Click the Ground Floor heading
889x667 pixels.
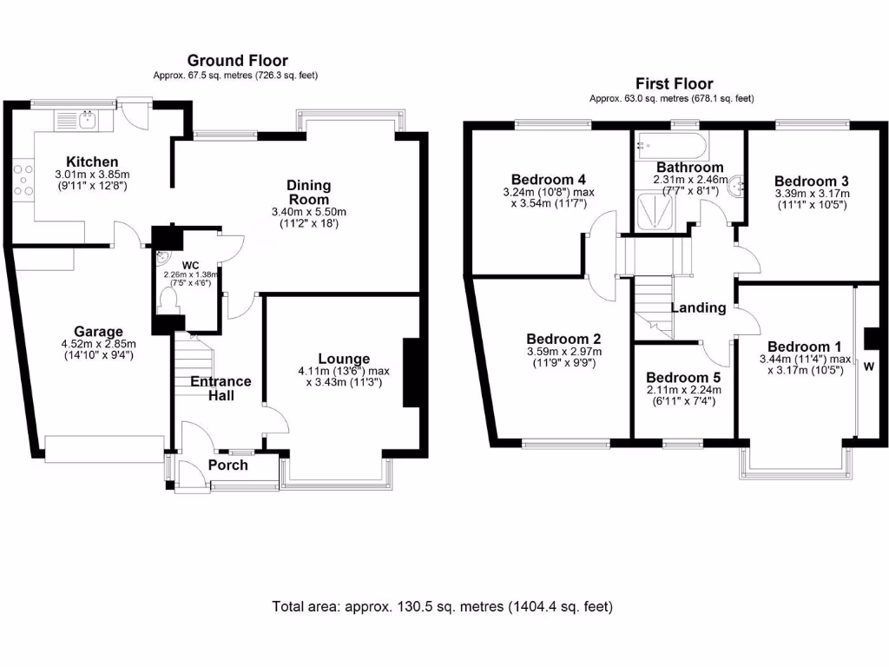coord(235,60)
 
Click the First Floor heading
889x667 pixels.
coord(674,83)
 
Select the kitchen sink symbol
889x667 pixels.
coord(88,119)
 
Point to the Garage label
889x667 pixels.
coord(98,331)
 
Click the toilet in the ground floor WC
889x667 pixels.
coord(168,299)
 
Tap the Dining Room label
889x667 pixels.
coord(309,192)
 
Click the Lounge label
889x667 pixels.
coord(344,359)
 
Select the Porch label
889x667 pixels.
coord(227,465)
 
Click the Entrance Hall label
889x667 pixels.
coord(221,388)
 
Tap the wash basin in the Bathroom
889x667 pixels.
coord(739,185)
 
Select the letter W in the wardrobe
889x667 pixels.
coord(868,367)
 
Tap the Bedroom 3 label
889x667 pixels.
coord(812,181)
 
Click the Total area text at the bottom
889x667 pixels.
coord(443,606)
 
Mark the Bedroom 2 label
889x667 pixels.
coord(563,339)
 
